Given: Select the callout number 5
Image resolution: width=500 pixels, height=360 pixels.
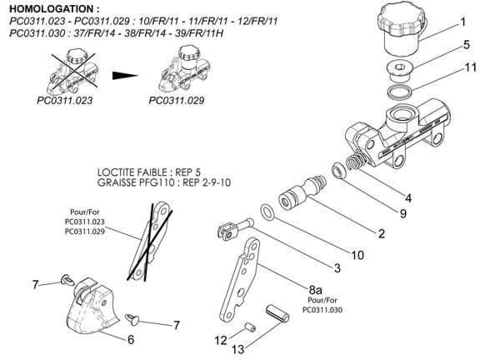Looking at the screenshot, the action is coord(466,45).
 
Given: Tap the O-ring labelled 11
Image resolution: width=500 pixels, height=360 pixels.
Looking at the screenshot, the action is coord(400,92).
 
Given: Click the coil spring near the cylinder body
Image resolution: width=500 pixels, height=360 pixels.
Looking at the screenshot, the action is coord(356,159).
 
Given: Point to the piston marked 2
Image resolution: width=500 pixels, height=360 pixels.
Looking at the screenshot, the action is coord(302,192).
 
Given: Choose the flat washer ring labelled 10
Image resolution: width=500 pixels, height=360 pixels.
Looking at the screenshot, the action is coord(267,212).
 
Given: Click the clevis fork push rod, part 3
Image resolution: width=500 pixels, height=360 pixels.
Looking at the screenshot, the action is coord(235,228).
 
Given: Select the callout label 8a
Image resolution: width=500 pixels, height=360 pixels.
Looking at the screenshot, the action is coord(315,289).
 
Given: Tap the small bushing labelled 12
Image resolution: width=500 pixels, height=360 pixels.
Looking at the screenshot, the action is coord(250,327).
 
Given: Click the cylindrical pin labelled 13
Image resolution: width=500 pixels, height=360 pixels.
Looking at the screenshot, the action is coord(277,313).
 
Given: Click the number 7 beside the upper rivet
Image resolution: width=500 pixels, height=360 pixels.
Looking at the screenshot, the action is coord(35,284).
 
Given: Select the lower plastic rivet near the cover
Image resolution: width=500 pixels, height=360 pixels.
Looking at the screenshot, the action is coord(132,319).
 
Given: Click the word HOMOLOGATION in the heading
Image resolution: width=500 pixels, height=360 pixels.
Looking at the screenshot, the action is coord(52,8).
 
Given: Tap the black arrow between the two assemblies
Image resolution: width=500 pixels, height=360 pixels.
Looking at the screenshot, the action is coord(125,76).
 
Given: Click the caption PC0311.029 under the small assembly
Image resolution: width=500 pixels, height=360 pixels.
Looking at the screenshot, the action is coord(177,101).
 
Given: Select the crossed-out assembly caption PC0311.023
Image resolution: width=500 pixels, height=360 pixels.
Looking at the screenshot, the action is coord(65,101).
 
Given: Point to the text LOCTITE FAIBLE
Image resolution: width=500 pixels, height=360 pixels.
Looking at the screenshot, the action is coord(132,172).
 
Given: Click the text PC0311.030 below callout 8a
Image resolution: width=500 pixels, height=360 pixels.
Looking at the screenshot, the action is coord(322,310).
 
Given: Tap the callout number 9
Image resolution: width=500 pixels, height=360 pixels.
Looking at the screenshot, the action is coord(403,213).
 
